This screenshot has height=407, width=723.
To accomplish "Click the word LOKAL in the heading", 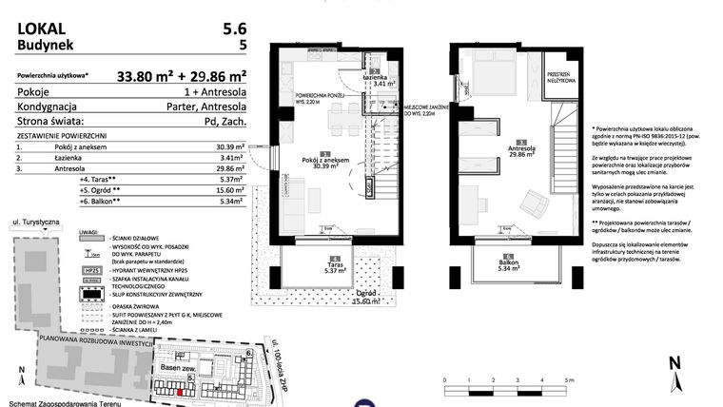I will (40, 28).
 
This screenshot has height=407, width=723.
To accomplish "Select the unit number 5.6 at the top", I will (239, 28).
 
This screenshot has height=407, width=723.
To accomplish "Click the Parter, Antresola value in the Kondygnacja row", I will (205, 107).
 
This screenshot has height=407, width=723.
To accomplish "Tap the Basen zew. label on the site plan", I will (178, 368).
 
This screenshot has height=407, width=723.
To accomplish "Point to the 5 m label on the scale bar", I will (569, 379).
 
